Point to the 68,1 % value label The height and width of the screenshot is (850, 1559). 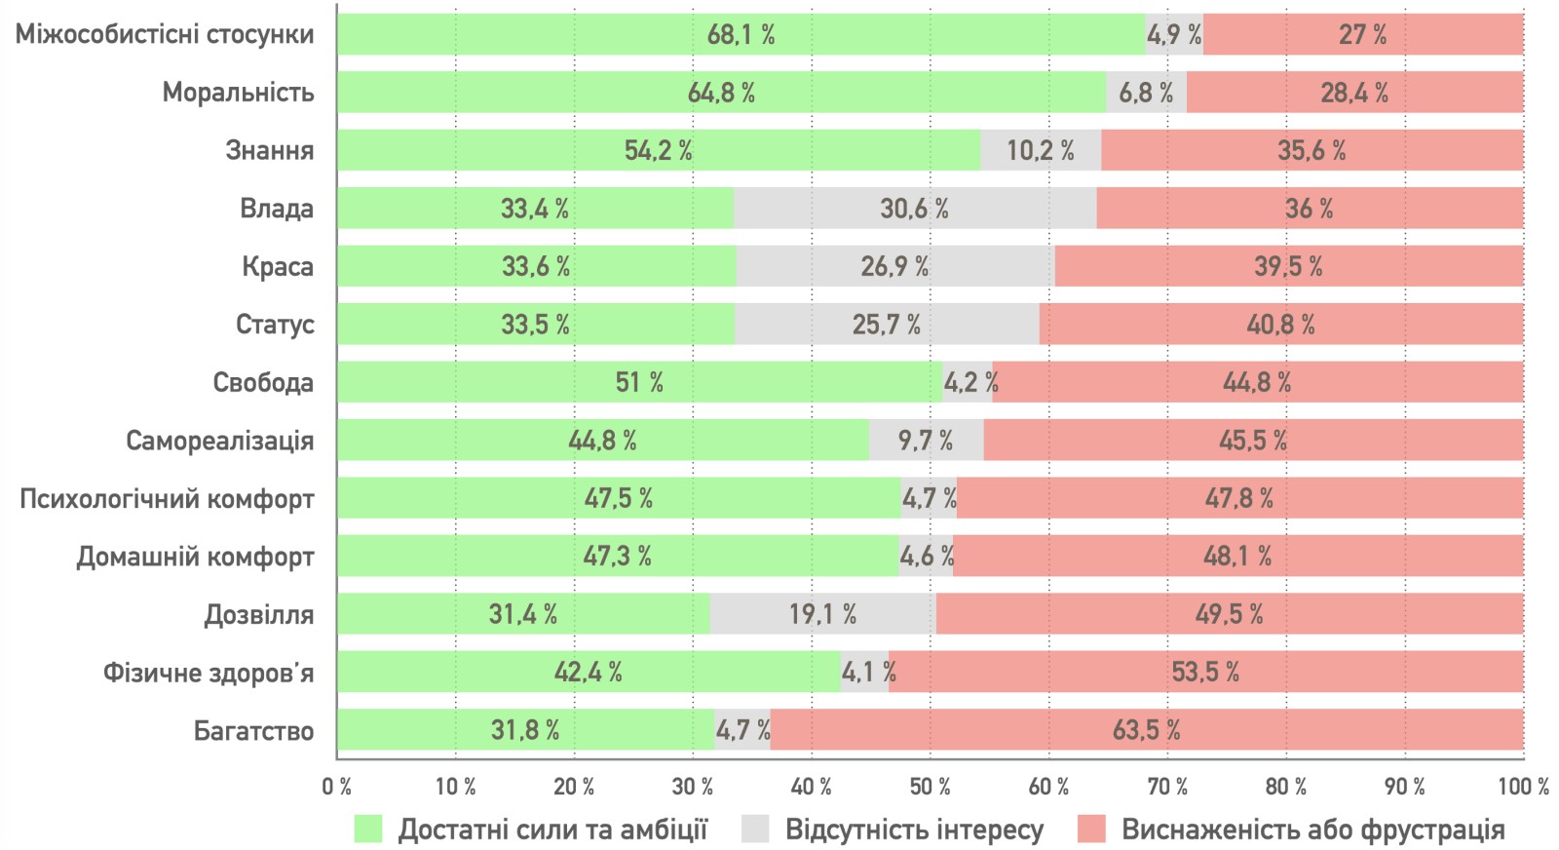tap(741, 35)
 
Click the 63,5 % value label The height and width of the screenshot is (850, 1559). tap(1146, 730)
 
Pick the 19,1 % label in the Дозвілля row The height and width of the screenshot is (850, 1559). tap(822, 614)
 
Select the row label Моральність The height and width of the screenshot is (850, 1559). tap(238, 93)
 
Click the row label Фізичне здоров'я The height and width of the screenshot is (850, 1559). tap(209, 673)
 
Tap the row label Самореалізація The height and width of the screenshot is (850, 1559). tap(220, 441)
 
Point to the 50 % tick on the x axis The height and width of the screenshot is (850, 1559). tap(930, 787)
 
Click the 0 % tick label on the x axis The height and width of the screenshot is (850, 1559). tap(337, 787)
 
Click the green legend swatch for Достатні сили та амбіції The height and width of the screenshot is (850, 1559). tap(368, 830)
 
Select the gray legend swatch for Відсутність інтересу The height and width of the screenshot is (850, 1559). tap(755, 830)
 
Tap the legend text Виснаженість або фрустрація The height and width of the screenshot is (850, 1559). tap(1312, 830)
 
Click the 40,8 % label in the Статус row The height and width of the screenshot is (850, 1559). tap(1280, 325)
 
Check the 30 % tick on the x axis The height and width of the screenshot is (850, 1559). tap(693, 787)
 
